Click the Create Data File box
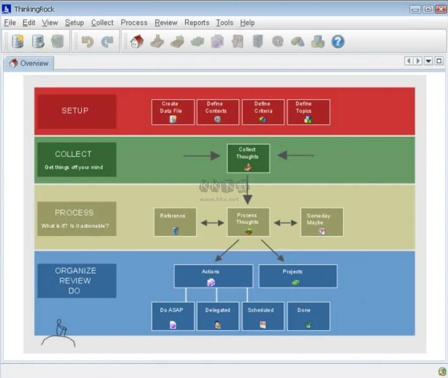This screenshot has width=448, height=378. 173,112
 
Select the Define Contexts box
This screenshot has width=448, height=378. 218,112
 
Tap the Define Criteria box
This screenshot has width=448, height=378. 263,112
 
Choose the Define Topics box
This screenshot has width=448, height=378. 308,112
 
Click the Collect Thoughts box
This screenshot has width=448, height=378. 248,158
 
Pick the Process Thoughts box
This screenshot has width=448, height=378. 248,222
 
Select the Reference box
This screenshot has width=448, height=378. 175,222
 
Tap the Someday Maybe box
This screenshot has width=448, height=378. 321,222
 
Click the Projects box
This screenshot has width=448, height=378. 297,276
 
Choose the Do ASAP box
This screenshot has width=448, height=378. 173,316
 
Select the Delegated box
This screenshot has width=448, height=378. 218,316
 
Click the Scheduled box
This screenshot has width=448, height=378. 263,316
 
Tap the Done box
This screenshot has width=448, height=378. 308,316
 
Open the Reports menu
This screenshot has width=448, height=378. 197,23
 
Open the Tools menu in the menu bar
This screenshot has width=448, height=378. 224,23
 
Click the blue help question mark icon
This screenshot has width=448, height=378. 338,42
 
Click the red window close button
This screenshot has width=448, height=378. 440,9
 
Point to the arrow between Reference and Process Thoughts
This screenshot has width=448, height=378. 212,223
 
